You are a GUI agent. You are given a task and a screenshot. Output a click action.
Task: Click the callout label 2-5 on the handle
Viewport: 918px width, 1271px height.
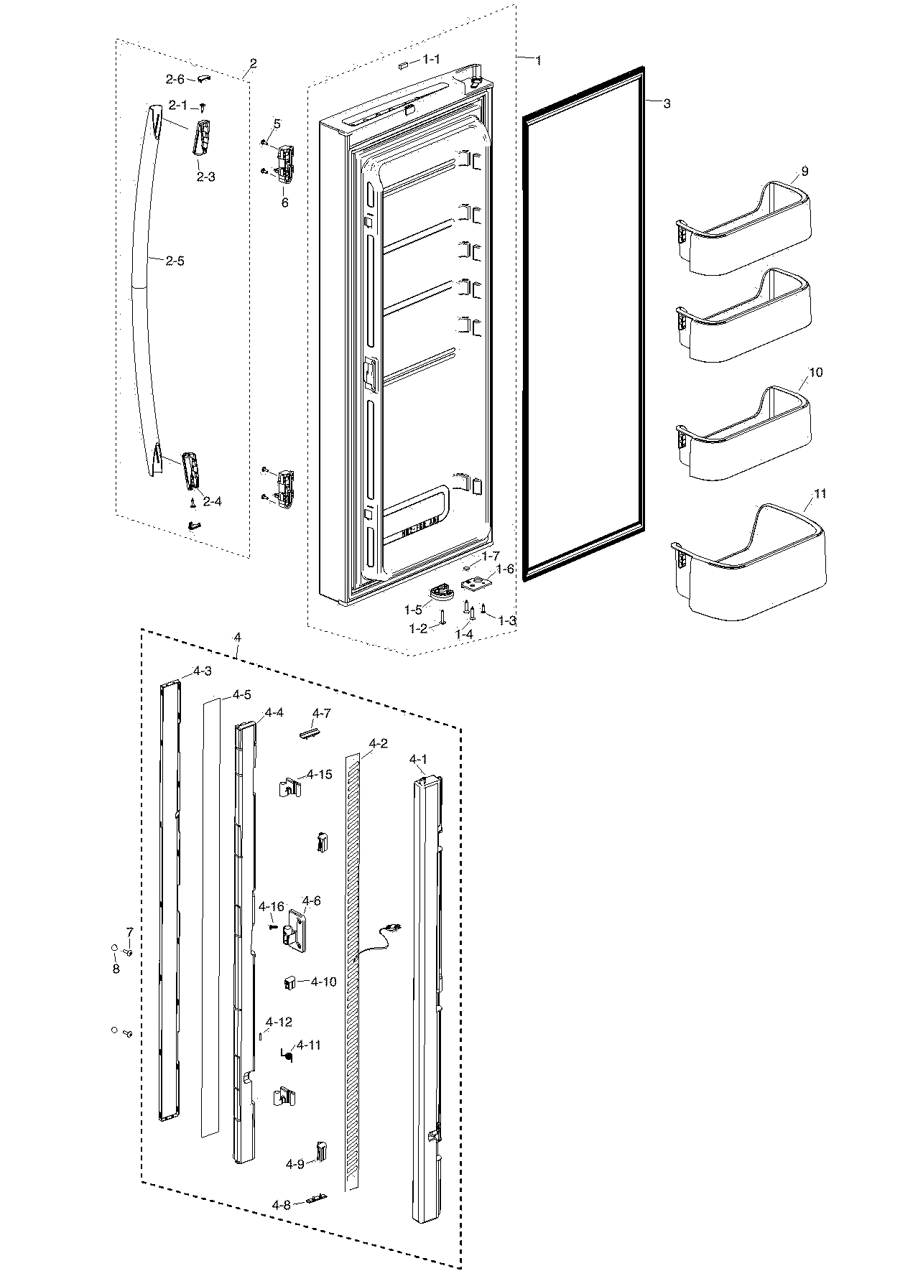[x=175, y=261]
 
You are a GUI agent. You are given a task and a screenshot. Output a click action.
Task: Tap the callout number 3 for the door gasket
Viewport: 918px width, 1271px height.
[x=667, y=104]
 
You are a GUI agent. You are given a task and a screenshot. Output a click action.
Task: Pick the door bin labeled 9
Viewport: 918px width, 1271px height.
[x=747, y=230]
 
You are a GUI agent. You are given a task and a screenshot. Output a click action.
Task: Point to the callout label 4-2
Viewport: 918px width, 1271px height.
[x=378, y=743]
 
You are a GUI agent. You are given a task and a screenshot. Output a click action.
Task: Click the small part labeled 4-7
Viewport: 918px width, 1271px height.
[x=307, y=731]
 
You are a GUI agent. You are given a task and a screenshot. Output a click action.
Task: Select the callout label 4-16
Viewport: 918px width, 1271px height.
[x=272, y=906]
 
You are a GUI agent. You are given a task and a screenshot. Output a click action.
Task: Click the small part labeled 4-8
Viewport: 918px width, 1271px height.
[x=316, y=1198]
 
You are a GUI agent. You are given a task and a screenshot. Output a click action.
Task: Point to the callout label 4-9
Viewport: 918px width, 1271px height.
[x=295, y=1163]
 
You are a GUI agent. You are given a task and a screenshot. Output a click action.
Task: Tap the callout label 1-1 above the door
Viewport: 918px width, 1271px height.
[x=432, y=60]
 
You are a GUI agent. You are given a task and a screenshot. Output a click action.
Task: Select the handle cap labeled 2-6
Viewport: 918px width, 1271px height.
[x=203, y=78]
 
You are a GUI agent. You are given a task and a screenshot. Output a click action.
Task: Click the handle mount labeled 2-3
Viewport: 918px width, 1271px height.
[x=200, y=136]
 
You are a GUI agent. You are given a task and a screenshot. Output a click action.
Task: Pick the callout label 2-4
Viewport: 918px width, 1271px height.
[x=212, y=501]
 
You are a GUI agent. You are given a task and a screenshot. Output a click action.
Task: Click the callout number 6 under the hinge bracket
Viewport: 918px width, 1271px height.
[x=284, y=202]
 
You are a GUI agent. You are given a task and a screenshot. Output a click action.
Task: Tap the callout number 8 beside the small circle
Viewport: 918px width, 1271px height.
[x=116, y=969]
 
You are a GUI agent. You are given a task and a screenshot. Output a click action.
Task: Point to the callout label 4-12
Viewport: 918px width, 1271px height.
[x=279, y=1022]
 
